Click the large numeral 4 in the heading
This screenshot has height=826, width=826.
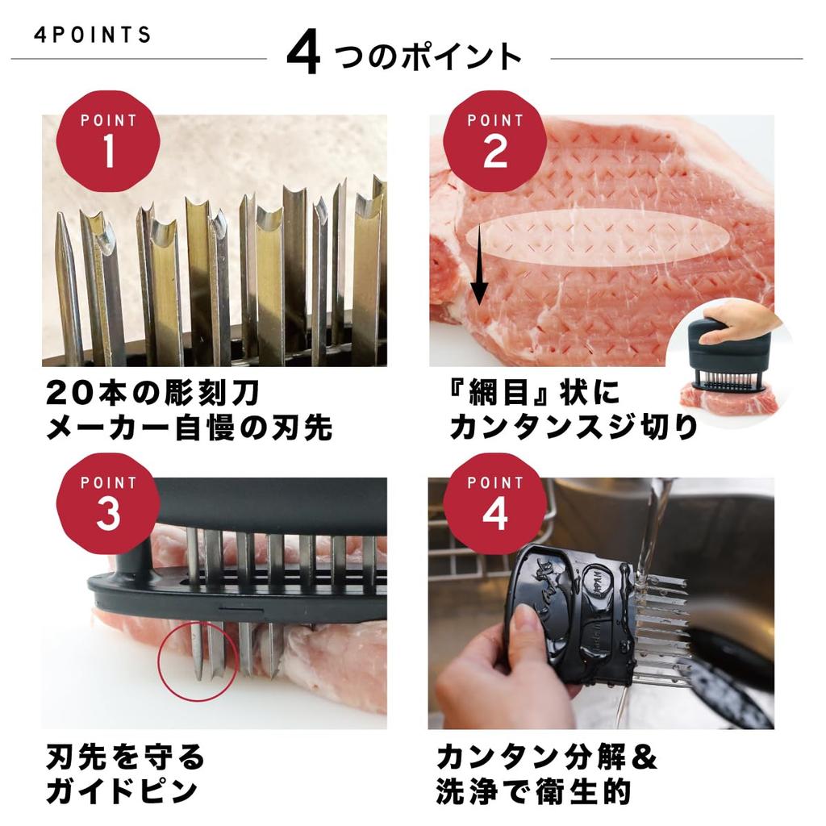tap(303, 55)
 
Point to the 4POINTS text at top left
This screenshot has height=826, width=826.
tap(93, 35)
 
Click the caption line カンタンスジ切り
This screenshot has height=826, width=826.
tap(573, 428)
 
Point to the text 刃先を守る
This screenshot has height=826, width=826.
tap(126, 757)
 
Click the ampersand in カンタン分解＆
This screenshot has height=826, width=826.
tap(643, 757)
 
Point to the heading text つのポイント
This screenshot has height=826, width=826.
tap(428, 56)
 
